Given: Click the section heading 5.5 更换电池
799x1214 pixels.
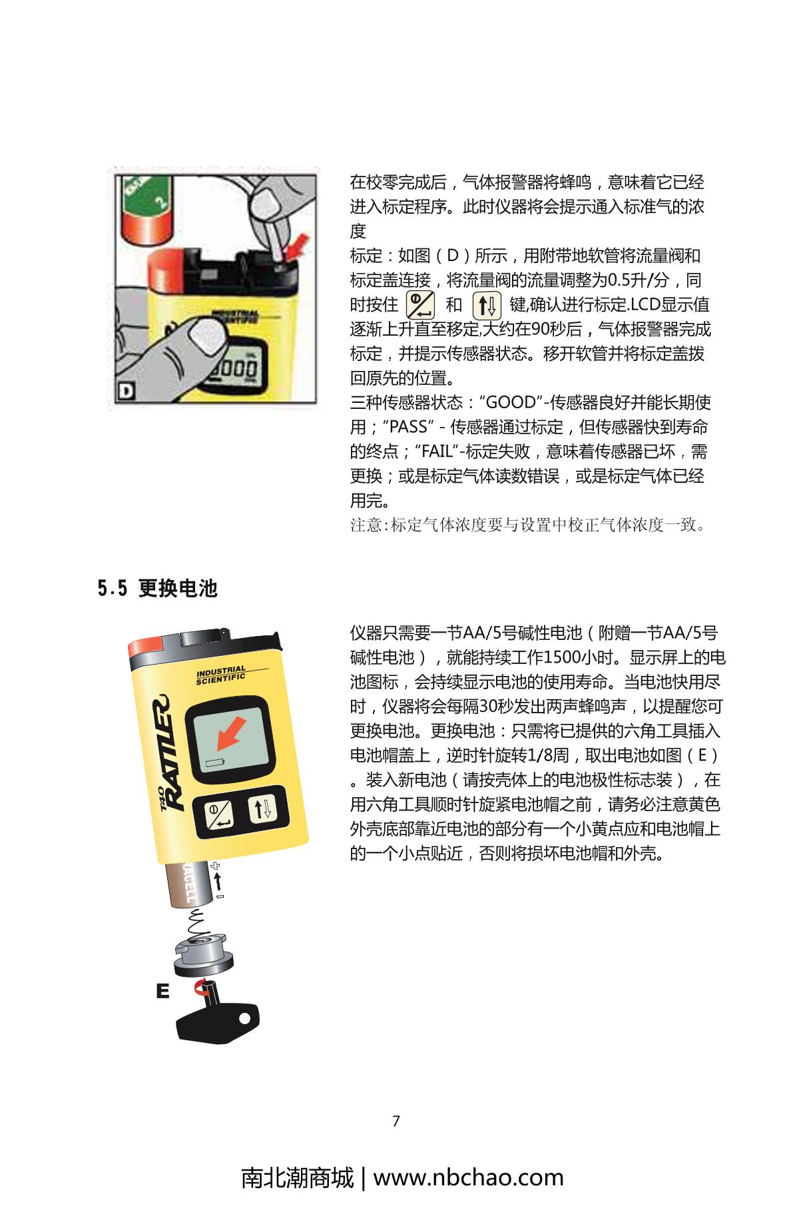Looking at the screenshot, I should pyautogui.click(x=158, y=589).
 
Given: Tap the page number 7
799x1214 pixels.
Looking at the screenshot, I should pyautogui.click(x=396, y=1121).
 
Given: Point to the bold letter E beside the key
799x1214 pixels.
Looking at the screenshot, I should pyautogui.click(x=162, y=991).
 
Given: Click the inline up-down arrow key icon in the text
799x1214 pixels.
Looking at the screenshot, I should pyautogui.click(x=487, y=306).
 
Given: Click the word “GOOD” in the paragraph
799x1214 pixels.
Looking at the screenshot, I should pyautogui.click(x=511, y=403).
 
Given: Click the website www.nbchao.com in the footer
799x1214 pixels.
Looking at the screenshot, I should pyautogui.click(x=468, y=1177).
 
